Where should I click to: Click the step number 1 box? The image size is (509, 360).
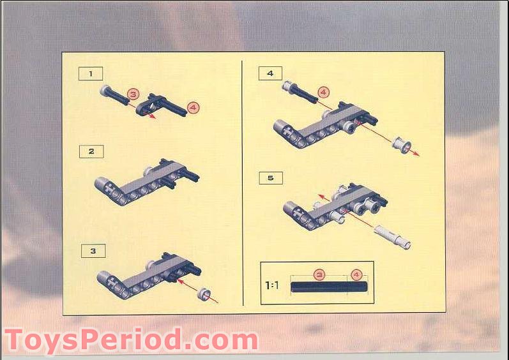[91, 73]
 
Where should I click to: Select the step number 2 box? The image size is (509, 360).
[91, 151]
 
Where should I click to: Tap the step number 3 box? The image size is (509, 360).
[93, 251]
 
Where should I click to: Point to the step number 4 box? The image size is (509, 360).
[270, 73]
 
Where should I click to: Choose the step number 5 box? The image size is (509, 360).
[271, 177]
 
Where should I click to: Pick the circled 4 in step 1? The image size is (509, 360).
[194, 108]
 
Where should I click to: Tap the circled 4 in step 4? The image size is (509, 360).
[323, 93]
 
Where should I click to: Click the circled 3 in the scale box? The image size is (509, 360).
[319, 274]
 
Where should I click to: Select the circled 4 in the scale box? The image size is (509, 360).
[357, 274]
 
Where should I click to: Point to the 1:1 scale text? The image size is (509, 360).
[272, 285]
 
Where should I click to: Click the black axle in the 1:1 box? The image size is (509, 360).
[329, 287]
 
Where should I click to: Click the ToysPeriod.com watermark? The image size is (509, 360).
[131, 340]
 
